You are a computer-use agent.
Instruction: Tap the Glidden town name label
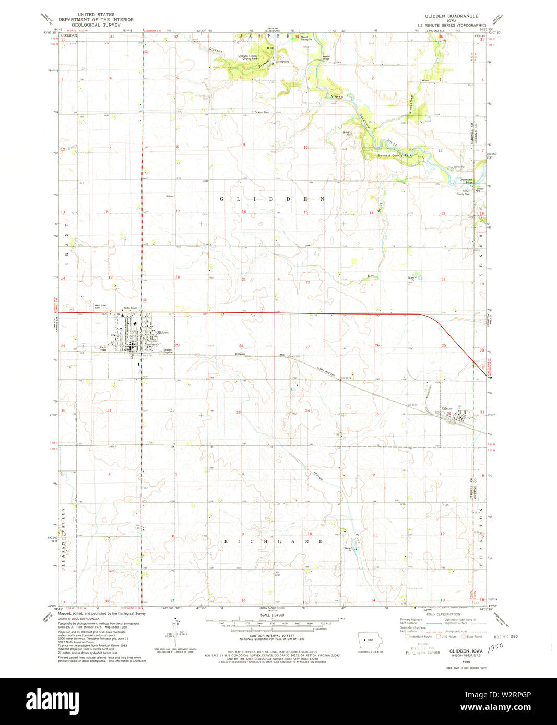point(162,332)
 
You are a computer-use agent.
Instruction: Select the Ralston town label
point(446,409)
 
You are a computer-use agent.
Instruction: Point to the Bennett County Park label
point(395,156)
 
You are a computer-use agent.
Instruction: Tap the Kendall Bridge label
point(326,58)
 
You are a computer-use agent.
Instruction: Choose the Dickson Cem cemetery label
point(262,112)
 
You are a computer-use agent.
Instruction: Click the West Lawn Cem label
point(100,306)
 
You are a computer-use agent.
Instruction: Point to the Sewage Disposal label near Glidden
point(168,351)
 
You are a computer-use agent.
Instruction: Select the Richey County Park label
point(463,192)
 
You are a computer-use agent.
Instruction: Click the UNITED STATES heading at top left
point(96,15)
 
